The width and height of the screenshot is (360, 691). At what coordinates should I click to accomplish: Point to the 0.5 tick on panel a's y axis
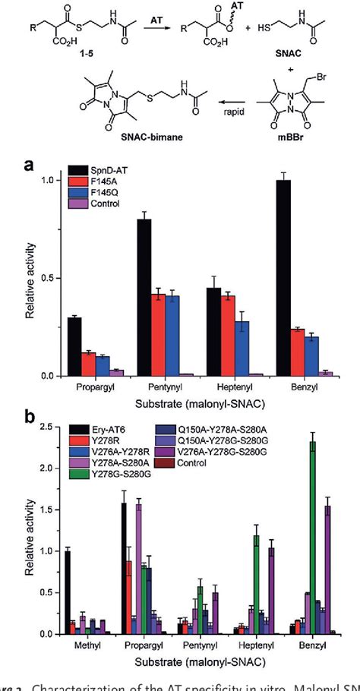point(52,278)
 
